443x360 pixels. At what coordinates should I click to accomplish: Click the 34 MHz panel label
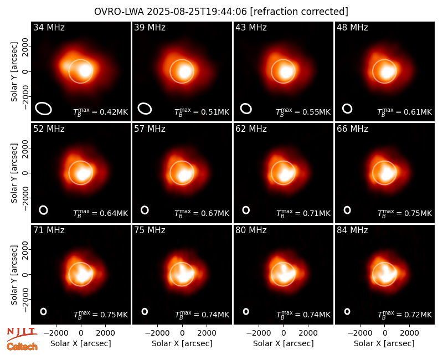[x=49, y=27]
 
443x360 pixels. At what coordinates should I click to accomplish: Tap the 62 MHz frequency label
[x=251, y=129]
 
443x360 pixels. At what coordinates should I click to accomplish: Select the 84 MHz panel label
[x=352, y=230]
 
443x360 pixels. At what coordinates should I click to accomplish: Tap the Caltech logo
[x=22, y=347]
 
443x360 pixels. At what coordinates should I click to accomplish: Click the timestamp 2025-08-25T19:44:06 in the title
[x=197, y=12]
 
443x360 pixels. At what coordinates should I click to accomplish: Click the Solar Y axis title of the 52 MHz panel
[x=14, y=173]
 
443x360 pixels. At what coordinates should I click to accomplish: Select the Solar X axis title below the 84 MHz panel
[x=384, y=343]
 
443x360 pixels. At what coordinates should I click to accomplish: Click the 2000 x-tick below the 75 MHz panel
[x=207, y=333]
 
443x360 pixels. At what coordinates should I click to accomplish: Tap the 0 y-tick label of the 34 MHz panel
[x=26, y=71]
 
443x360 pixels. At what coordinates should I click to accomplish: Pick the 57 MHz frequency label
[x=150, y=129]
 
